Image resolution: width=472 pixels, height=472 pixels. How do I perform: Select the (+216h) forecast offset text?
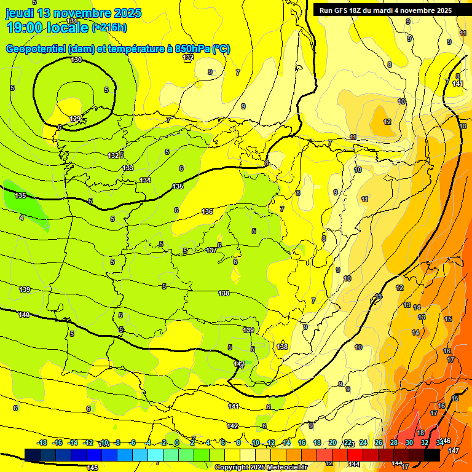109,27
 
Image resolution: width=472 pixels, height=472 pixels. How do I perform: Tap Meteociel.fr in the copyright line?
286,468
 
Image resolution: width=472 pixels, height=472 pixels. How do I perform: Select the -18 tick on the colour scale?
42,442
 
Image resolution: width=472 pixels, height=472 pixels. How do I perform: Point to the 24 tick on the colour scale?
363,442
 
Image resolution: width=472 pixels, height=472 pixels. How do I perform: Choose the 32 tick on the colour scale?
424,442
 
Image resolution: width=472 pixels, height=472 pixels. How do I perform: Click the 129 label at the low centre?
75,119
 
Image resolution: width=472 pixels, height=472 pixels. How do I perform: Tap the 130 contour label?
76,60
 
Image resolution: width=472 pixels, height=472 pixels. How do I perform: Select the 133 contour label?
128,168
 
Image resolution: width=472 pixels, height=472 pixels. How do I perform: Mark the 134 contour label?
145,180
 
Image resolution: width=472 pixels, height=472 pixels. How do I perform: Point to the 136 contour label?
207,212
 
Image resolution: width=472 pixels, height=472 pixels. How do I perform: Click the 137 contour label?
211,250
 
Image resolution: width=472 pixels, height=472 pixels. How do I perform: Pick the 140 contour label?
24,315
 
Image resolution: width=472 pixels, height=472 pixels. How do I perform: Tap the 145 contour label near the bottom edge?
92,468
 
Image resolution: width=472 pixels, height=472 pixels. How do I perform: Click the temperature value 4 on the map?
22,217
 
